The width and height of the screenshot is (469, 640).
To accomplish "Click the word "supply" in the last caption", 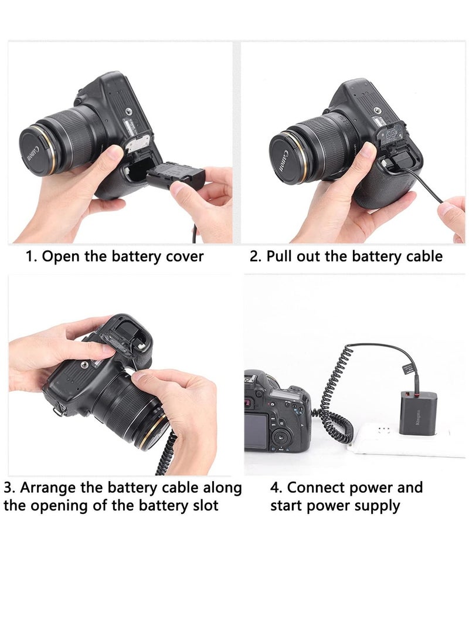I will pyautogui.click(x=375, y=506).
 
